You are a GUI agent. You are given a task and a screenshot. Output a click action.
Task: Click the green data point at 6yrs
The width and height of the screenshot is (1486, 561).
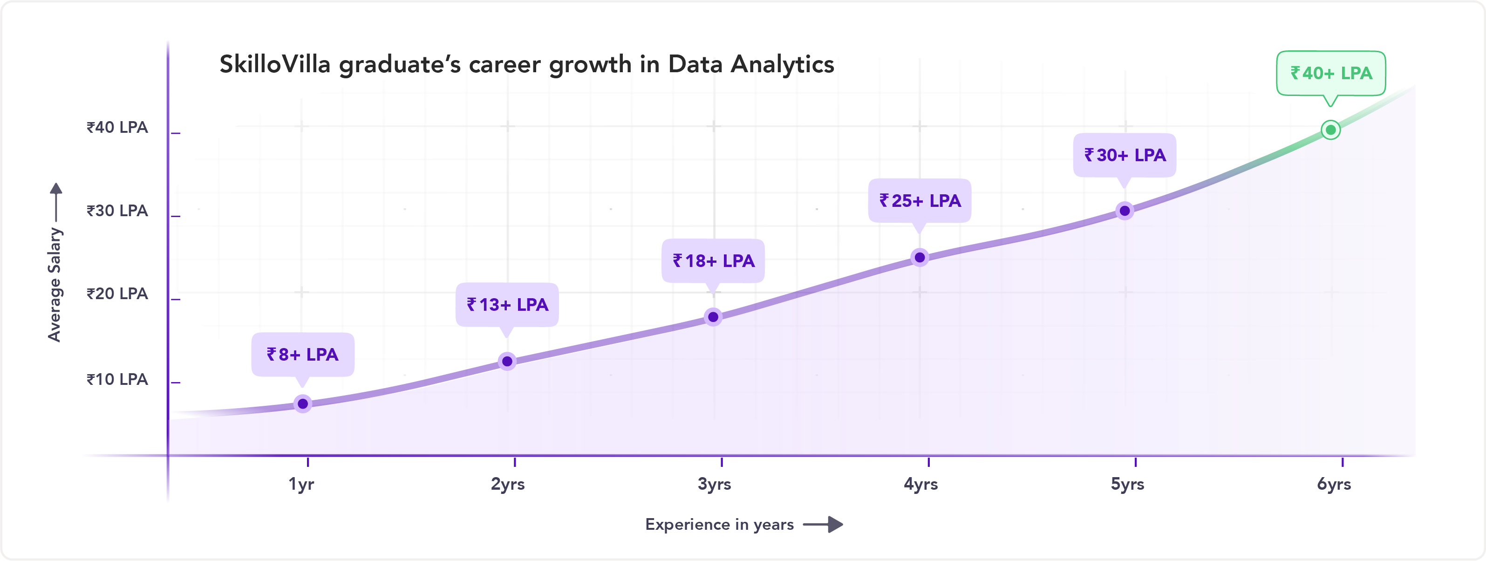point(1330,130)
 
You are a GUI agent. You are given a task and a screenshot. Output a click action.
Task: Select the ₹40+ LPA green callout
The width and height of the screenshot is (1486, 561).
point(1331,73)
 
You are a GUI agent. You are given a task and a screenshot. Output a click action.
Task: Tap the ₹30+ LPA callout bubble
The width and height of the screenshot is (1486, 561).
point(1125,155)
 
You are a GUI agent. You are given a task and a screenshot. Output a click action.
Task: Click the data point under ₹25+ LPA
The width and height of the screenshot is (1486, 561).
point(920,257)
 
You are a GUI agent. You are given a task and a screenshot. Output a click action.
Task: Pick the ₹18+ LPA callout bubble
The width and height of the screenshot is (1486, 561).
point(713,260)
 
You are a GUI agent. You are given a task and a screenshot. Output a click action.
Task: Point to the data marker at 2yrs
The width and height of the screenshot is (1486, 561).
point(507,361)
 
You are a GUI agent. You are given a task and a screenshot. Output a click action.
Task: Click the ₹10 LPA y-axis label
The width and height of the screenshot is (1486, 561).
point(117,379)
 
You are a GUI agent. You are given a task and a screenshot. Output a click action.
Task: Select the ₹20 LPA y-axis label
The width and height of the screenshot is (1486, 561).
point(117,293)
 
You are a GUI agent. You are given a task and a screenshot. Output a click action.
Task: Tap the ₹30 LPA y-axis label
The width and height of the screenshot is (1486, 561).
point(117,211)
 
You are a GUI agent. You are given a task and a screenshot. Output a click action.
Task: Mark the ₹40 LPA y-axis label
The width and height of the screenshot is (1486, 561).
point(117,127)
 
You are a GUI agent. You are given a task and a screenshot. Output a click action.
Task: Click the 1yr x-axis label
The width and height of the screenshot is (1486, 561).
point(301,484)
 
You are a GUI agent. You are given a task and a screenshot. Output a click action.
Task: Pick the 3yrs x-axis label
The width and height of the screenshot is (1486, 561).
point(714,484)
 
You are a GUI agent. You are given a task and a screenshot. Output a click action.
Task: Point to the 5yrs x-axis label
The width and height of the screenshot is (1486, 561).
point(1127,484)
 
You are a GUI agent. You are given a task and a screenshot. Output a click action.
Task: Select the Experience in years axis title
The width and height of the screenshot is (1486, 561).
point(719,524)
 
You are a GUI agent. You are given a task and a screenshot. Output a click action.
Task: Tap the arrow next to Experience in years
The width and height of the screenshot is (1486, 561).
point(823,524)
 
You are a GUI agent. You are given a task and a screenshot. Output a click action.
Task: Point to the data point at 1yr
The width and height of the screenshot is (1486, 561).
point(302,404)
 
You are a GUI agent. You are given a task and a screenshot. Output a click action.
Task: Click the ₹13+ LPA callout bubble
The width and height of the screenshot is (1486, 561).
point(507,304)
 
